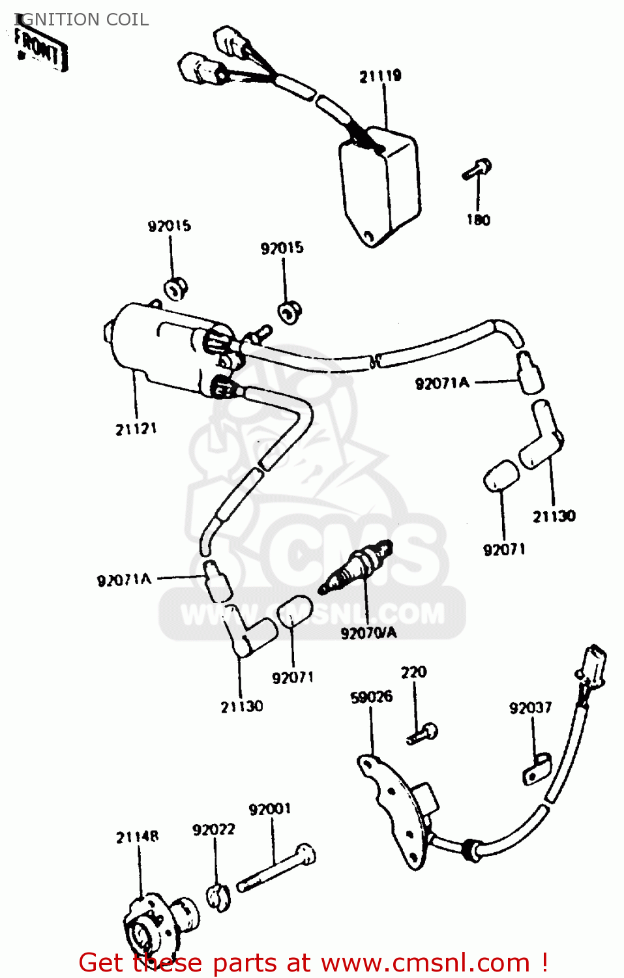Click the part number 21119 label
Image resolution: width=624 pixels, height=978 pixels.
point(380,76)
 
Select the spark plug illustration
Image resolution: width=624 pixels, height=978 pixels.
point(357,567)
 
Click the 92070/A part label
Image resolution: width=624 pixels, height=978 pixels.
point(368,632)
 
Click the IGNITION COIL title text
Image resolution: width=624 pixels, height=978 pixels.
point(82,20)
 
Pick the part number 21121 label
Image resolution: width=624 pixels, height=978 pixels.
point(136,429)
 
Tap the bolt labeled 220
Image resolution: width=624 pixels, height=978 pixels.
point(423,734)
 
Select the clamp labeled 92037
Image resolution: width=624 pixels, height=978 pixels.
point(537,769)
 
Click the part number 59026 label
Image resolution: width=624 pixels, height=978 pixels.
point(372,697)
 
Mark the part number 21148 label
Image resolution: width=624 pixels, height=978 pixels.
point(137,837)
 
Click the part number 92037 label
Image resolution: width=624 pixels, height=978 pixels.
point(530,708)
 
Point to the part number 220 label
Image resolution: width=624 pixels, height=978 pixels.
point(413,672)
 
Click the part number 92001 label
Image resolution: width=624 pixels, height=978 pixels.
point(270,809)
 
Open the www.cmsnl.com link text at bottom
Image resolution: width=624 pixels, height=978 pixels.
point(426,963)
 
